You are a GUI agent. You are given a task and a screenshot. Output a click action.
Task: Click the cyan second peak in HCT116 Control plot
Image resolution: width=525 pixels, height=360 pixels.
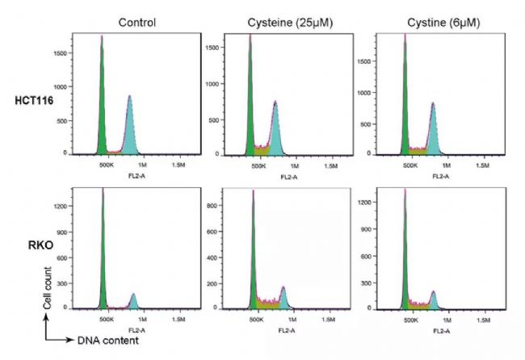(129, 129)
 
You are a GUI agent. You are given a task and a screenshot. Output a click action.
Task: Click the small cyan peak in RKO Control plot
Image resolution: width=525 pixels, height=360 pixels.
(133, 302)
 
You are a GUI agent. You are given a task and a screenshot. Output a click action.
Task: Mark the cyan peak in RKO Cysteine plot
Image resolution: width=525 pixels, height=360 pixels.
(283, 299)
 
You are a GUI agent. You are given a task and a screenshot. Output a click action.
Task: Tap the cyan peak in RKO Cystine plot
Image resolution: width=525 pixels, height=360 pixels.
(434, 300)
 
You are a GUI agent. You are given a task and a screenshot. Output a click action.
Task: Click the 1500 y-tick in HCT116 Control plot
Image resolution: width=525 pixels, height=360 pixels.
(59, 53)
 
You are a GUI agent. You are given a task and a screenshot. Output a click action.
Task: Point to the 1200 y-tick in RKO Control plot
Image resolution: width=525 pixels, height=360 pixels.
(59, 207)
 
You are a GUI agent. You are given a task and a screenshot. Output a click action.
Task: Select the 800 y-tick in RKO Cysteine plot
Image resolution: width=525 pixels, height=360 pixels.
(212, 206)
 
